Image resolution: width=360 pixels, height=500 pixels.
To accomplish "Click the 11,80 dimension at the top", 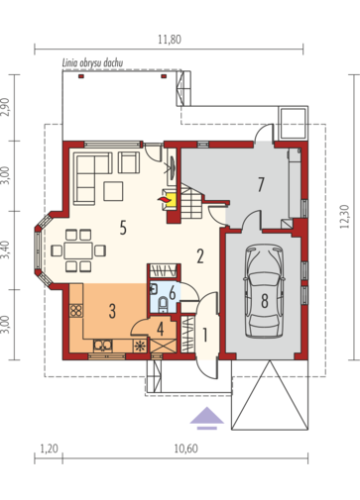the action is (170, 40).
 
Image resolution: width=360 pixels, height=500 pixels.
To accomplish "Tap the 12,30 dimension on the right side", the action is (344, 217).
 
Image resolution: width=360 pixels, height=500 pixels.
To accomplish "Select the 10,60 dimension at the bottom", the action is (185, 449).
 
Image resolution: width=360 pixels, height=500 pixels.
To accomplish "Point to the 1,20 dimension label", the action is (50, 449).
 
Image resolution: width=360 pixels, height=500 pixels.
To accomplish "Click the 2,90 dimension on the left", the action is (6, 107).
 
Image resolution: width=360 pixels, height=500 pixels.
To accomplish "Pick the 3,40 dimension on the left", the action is (6, 250).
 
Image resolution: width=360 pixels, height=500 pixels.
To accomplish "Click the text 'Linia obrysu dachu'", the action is (93, 62).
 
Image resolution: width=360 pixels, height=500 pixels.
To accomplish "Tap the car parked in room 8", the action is (264, 291).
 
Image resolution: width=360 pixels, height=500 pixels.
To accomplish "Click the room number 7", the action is (261, 184).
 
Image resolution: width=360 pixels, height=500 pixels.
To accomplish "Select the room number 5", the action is (123, 228).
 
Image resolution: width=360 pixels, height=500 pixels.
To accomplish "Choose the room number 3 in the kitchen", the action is (112, 311).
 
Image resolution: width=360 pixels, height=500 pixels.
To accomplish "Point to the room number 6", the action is (172, 293).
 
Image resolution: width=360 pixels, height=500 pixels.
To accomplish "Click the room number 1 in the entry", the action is (205, 335).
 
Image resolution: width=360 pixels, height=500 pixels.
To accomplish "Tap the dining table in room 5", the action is (78, 250).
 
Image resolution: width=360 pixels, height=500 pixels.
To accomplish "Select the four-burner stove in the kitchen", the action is (76, 311).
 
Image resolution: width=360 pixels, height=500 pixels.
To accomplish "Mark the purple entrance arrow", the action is (207, 418).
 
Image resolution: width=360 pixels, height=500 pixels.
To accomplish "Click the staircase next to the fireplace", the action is (191, 202).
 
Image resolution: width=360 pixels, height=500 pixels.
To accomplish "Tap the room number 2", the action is (200, 256).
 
